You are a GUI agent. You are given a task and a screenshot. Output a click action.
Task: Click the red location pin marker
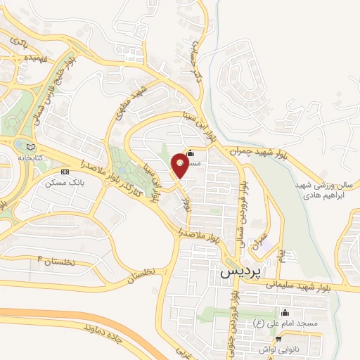coord(180,167)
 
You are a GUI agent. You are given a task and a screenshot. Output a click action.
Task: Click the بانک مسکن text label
coord(59,182)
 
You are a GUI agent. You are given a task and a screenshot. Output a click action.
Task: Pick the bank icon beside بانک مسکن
coord(65,171)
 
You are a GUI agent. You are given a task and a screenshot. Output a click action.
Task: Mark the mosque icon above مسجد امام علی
coord(285,312)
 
